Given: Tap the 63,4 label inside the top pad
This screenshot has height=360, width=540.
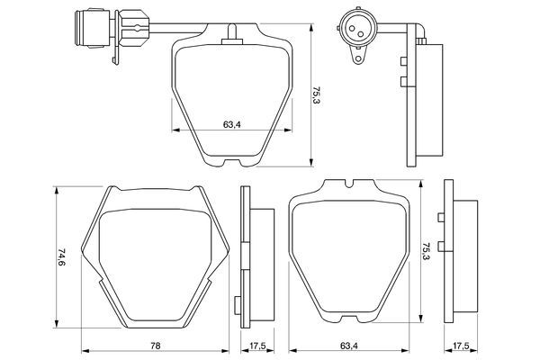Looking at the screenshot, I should pos(230,123).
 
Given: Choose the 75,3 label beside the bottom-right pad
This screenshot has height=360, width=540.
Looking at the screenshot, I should pos(425,253).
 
